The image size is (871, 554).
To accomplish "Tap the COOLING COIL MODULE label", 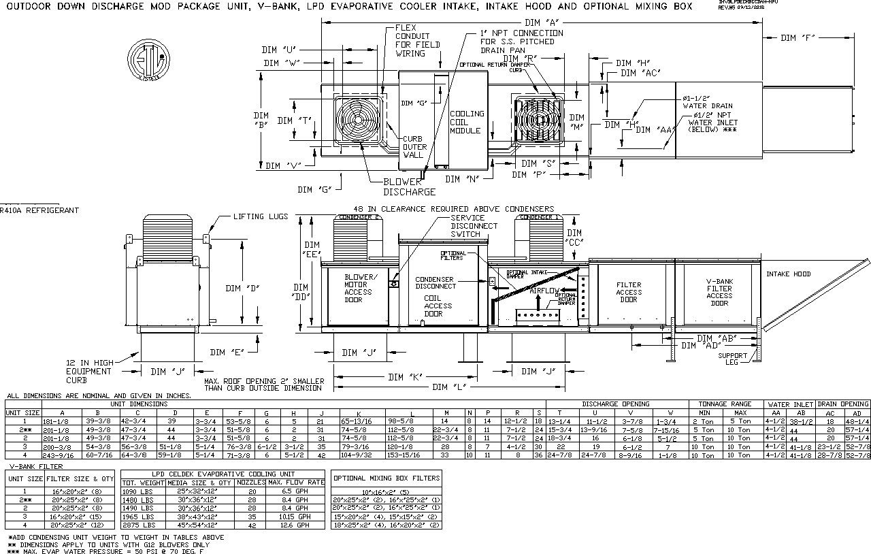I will tap(466, 123).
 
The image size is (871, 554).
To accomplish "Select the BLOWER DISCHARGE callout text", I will tap(408, 186).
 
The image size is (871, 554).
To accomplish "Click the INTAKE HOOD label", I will tap(789, 274).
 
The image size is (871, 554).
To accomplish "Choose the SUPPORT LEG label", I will tap(732, 359).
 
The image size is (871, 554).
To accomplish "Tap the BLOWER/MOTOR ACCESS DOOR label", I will tap(358, 289).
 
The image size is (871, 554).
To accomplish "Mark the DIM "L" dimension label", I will tap(450, 387).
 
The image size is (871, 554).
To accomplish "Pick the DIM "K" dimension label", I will tap(406, 377).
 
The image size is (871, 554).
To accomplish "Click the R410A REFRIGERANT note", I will tap(30, 211).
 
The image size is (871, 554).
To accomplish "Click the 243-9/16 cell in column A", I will tap(63, 455).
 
